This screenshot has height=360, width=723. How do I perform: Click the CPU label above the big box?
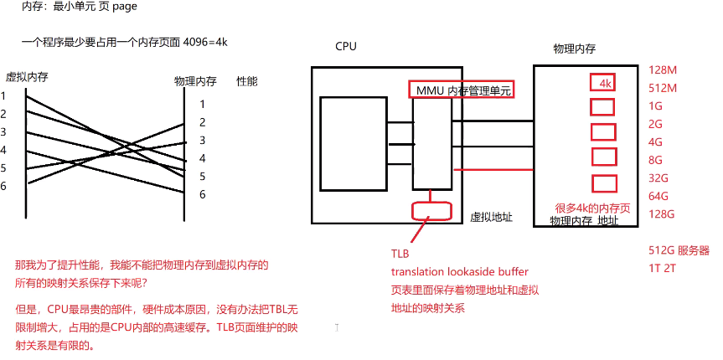(345, 47)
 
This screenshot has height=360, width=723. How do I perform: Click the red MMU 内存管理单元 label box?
(460, 90)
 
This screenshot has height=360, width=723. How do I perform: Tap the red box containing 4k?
(603, 84)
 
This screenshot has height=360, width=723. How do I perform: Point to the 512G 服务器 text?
(679, 250)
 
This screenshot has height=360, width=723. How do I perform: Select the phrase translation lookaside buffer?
(459, 272)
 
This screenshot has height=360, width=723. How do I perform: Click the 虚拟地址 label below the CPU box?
(491, 218)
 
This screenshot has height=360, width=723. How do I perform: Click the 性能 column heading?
(247, 81)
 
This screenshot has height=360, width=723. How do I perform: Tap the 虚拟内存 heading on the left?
(27, 76)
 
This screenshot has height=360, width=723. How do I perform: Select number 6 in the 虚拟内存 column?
(3, 185)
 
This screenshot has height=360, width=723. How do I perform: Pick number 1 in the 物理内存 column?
(202, 105)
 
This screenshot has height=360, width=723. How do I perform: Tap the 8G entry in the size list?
(656, 160)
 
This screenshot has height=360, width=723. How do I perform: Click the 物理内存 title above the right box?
(575, 48)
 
